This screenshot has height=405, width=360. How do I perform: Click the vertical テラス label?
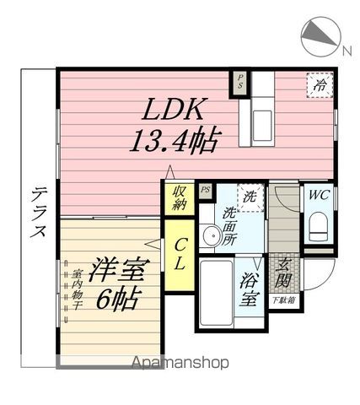[x=39, y=212]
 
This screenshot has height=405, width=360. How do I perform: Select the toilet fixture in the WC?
[x=319, y=226]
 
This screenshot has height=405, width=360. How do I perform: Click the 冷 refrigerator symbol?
[x=319, y=86]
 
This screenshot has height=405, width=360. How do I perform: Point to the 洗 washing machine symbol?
[x=250, y=197]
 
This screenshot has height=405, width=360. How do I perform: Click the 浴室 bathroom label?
[x=248, y=287]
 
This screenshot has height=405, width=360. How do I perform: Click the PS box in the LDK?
[x=239, y=83]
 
